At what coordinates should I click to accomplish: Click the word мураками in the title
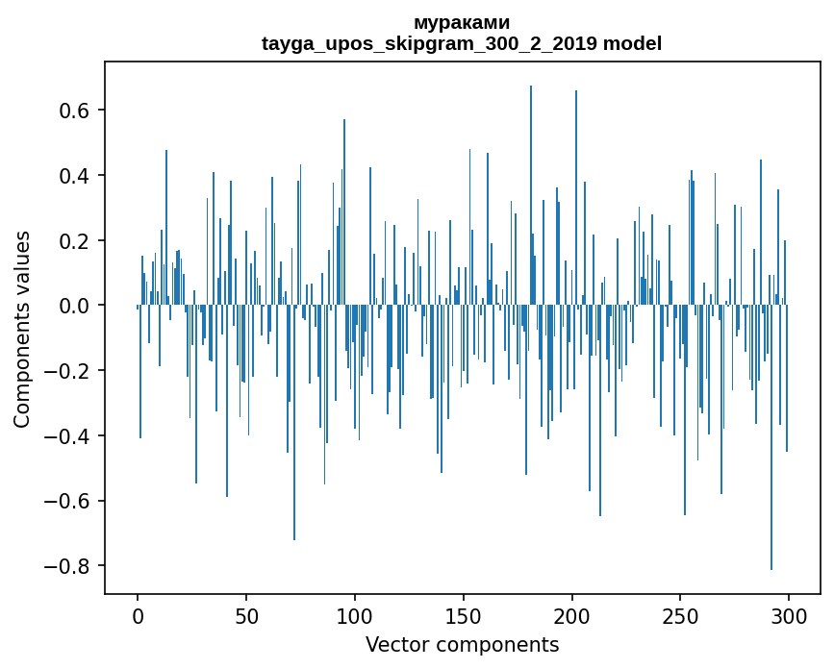click(x=462, y=22)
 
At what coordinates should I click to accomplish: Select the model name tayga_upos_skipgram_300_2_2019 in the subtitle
click(x=430, y=43)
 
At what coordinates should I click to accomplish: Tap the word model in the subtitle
click(x=632, y=43)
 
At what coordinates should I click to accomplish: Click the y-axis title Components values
click(x=22, y=329)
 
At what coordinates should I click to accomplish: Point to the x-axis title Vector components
click(x=462, y=644)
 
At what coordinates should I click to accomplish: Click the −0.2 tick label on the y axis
click(x=69, y=371)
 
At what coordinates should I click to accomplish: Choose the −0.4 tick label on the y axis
click(x=69, y=435)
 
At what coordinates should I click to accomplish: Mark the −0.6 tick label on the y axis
click(x=69, y=501)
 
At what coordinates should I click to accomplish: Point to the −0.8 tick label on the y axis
click(x=69, y=565)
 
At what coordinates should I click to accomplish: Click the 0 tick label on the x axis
click(x=138, y=616)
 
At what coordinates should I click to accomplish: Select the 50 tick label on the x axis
click(x=246, y=616)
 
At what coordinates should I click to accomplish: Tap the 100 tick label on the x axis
click(x=355, y=616)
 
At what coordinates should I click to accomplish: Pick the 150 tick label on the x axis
click(x=464, y=616)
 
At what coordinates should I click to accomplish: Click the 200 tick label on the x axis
click(x=572, y=616)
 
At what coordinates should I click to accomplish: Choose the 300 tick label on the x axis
click(x=789, y=616)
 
